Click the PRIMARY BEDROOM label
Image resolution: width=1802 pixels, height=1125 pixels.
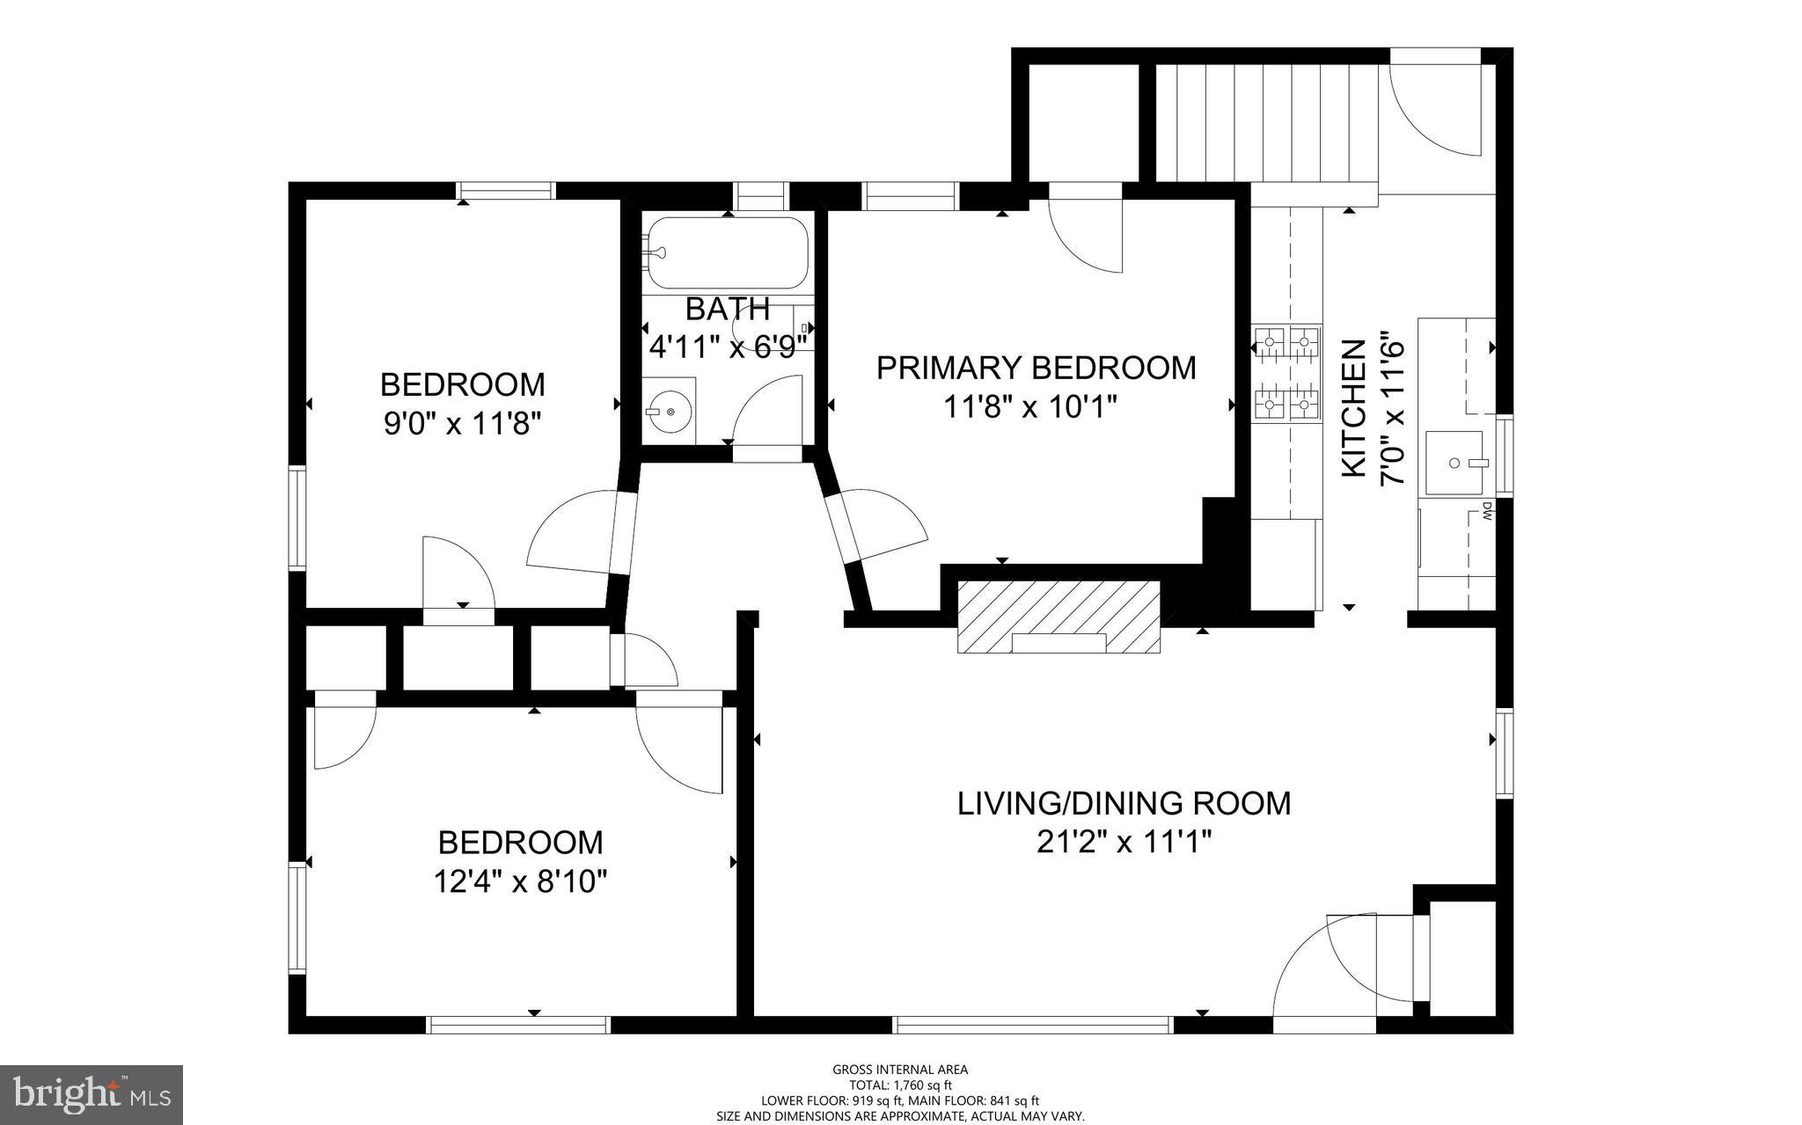[x=1036, y=368]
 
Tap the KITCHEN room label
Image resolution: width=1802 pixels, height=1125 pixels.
[x=1353, y=409]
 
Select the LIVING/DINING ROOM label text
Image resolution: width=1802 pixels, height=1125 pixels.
[x=1124, y=803]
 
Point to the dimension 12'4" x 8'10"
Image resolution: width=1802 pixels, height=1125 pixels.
[x=520, y=880]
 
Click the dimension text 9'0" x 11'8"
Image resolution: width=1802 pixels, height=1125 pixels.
[x=462, y=424]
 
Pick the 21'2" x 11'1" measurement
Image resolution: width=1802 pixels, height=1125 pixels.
[x=1124, y=843]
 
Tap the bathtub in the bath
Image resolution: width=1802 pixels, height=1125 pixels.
[x=726, y=253]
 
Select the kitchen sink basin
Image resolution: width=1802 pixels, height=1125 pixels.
[x=1454, y=463]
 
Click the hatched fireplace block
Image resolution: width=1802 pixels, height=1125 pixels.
[x=1058, y=617]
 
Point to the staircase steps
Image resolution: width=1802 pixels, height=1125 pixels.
[x=1265, y=122]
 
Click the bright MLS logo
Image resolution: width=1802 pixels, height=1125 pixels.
[x=91, y=1093]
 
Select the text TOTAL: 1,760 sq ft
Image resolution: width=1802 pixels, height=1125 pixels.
[x=900, y=1085]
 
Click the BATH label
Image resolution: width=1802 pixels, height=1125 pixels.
[x=728, y=309]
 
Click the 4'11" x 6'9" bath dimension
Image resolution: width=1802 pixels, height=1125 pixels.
[x=728, y=347]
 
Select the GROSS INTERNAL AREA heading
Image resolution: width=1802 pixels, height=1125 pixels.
[x=900, y=1070]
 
